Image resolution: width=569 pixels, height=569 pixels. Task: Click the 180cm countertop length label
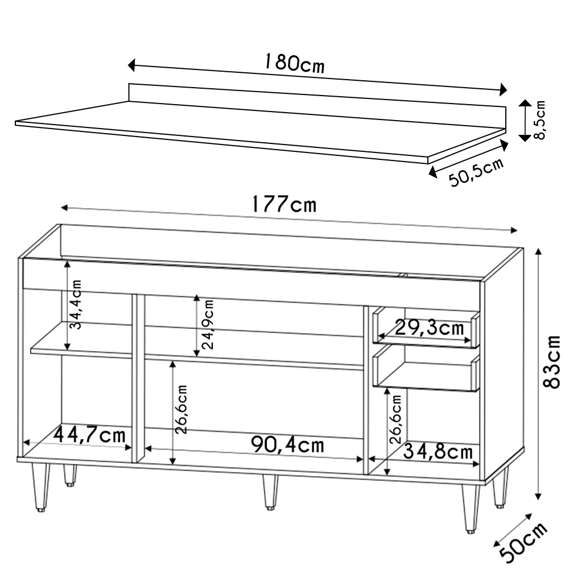pyautogui.click(x=294, y=63)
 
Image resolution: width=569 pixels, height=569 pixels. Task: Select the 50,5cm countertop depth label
pyautogui.click(x=477, y=172)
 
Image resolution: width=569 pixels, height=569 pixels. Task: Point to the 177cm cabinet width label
pyautogui.click(x=283, y=204)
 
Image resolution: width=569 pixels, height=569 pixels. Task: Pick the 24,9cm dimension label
pyautogui.click(x=208, y=324)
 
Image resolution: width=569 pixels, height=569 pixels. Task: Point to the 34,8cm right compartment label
pyautogui.click(x=438, y=452)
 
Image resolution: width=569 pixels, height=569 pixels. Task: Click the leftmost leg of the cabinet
pyautogui.click(x=40, y=486)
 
